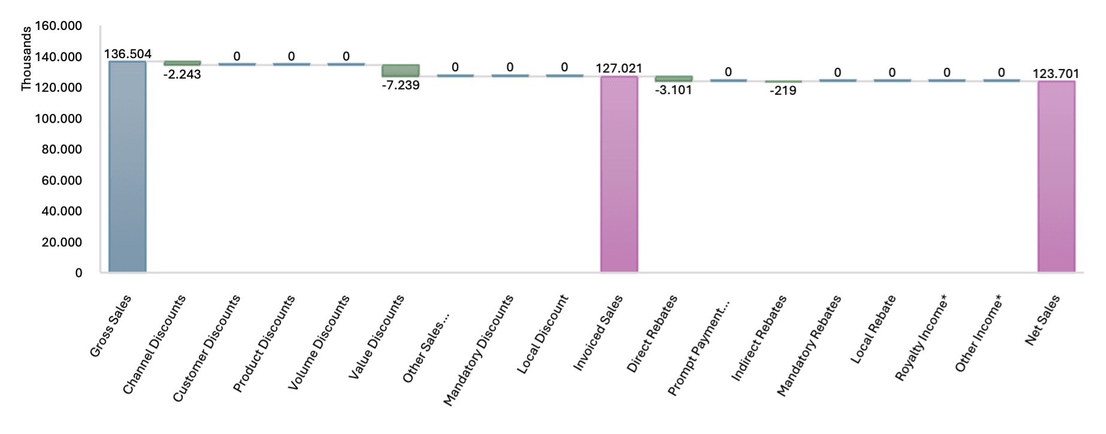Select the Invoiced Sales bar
tap(619, 174)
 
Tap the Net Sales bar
tap(1056, 176)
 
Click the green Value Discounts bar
tap(401, 71)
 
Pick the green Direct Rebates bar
tap(674, 79)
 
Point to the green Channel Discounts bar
tap(182, 63)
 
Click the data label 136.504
tap(128, 54)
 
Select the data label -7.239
tap(401, 85)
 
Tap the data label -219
tap(783, 91)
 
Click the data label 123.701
tap(1056, 74)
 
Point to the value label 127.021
tap(619, 68)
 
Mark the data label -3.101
tap(673, 91)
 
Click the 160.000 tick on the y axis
tap(58, 26)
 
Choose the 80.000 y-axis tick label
tap(62, 149)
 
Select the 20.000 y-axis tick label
tap(62, 242)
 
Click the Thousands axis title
tap(26, 59)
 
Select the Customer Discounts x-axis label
tap(207, 348)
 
